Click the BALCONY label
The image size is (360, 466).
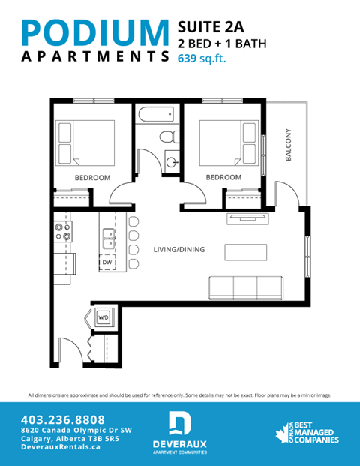point(288,146)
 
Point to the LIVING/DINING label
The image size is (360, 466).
point(178,250)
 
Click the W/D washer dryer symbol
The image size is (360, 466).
point(103,317)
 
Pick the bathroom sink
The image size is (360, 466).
point(172,161)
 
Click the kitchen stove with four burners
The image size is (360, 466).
point(62,232)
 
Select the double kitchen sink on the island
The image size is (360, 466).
point(106,238)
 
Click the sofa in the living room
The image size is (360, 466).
point(245,287)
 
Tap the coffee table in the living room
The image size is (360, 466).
point(245,250)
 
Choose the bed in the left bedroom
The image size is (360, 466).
point(85,143)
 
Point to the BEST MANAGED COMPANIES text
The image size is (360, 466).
point(313,431)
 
